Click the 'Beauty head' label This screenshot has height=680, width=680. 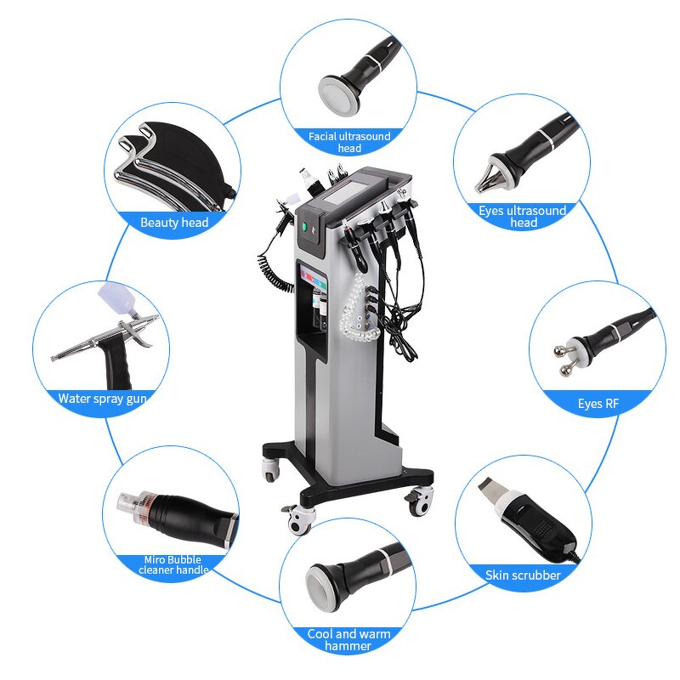point(174,223)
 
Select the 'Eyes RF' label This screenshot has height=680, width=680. point(598,404)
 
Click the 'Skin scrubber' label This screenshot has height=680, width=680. point(523,575)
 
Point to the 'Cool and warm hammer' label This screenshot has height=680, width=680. point(348,639)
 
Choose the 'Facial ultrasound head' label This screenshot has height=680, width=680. point(349,141)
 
